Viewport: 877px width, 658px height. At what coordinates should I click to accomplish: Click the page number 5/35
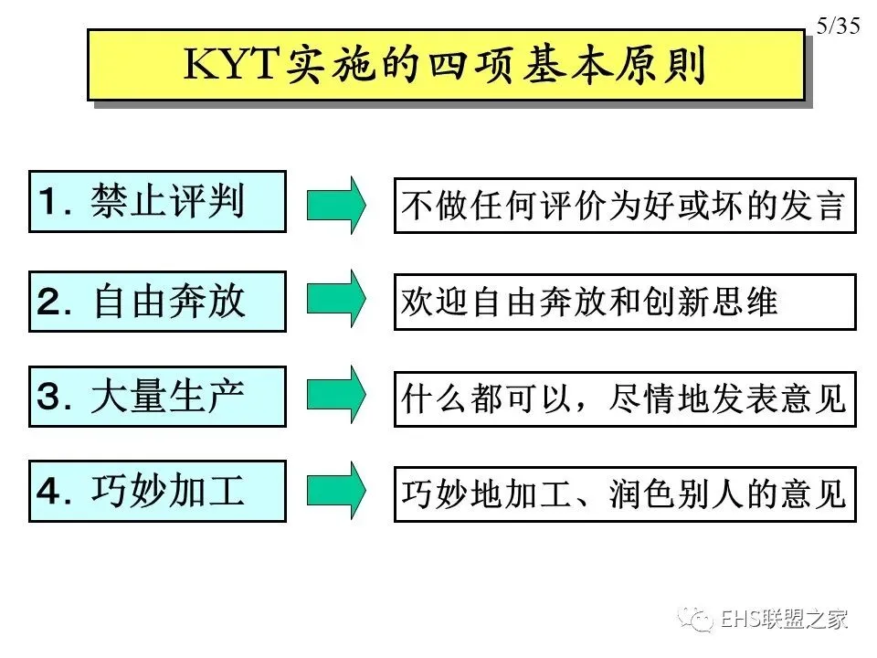pos(838,26)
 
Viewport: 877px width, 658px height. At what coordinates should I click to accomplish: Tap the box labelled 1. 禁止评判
pos(157,201)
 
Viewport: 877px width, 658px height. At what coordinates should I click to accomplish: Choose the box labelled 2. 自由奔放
pos(157,301)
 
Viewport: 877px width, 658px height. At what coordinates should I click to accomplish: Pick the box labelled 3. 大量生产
pos(157,397)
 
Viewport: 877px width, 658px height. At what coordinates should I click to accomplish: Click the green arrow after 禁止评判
pos(337,202)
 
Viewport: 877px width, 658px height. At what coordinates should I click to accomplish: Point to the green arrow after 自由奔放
pos(337,299)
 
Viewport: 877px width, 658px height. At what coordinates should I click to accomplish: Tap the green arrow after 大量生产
pos(337,396)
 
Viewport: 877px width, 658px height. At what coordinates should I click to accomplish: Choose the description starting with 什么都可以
pos(625,398)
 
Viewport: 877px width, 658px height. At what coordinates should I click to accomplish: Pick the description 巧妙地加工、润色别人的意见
pos(625,494)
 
